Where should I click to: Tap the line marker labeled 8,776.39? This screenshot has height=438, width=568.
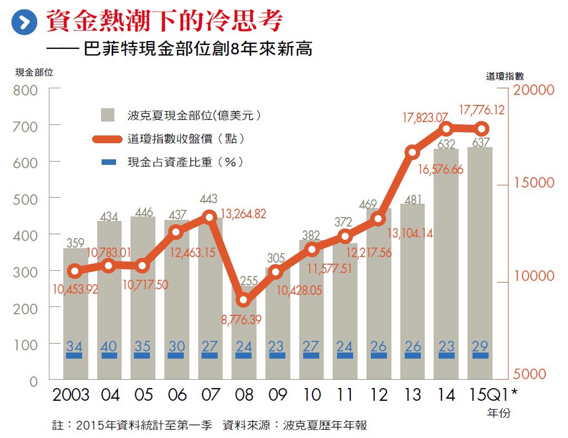tap(243, 301)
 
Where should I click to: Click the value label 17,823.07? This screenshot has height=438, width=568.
tap(425, 118)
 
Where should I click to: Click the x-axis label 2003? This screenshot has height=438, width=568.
tap(71, 395)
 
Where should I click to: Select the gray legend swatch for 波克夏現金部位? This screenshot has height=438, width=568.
tap(108, 115)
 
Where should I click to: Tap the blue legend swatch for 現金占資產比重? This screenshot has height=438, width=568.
tap(109, 162)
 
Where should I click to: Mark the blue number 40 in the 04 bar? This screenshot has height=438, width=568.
tap(109, 346)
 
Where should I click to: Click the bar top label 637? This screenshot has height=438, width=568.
tap(480, 143)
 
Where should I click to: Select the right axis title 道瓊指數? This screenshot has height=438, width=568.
tap(505, 77)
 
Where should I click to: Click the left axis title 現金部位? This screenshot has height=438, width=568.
tap(34, 72)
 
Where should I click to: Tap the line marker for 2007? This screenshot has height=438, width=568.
tap(209, 217)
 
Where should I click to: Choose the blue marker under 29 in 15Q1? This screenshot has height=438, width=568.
tap(480, 355)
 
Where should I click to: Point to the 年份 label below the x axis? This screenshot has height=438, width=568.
tap(498, 413)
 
